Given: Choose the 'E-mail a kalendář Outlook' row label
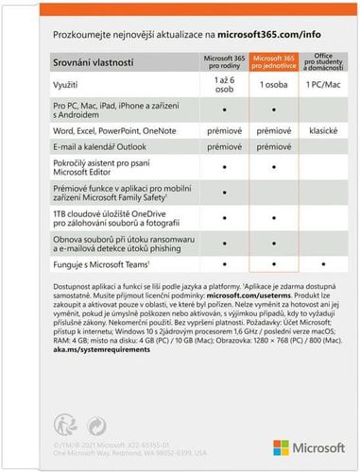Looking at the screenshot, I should coord(101,148).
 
